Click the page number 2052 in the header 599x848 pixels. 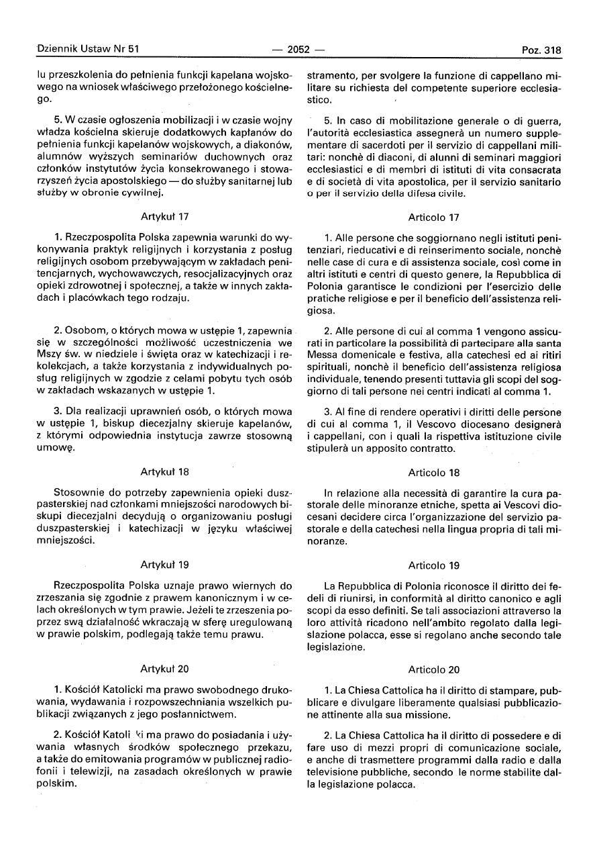point(298,50)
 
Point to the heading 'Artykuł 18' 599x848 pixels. point(165,472)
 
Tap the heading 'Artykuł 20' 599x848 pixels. point(165,669)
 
